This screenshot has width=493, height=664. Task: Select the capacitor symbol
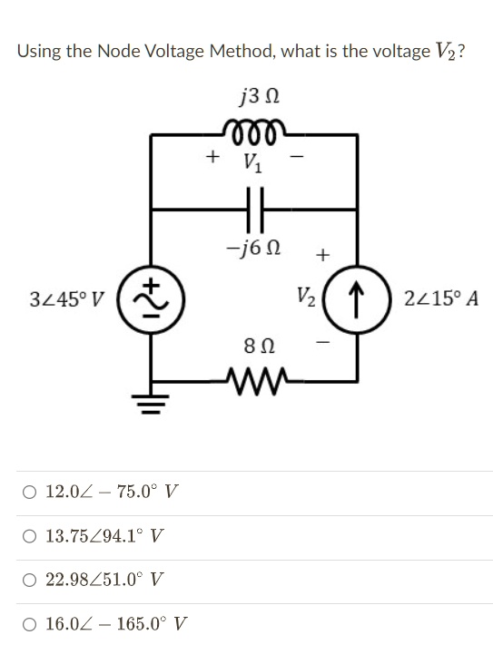click(x=254, y=210)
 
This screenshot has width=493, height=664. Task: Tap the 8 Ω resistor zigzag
click(x=253, y=381)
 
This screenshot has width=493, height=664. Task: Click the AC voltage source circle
click(x=151, y=299)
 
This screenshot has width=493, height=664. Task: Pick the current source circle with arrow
click(x=356, y=299)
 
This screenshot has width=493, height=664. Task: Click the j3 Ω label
click(x=260, y=97)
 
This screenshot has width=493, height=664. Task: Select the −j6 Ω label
click(x=253, y=248)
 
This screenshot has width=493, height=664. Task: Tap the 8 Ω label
click(x=259, y=347)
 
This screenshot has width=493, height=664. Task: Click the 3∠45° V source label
click(x=67, y=299)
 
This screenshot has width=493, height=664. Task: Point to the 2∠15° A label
click(x=441, y=298)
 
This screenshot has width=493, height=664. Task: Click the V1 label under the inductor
click(x=252, y=162)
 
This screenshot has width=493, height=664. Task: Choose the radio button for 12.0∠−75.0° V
click(x=30, y=493)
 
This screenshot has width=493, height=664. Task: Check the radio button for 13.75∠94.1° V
click(x=30, y=537)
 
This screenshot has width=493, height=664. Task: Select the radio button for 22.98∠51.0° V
click(x=30, y=581)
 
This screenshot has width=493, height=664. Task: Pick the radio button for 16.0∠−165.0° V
click(x=30, y=624)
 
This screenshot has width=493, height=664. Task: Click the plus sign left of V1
click(x=212, y=157)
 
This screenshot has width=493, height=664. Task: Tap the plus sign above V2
click(x=322, y=255)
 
